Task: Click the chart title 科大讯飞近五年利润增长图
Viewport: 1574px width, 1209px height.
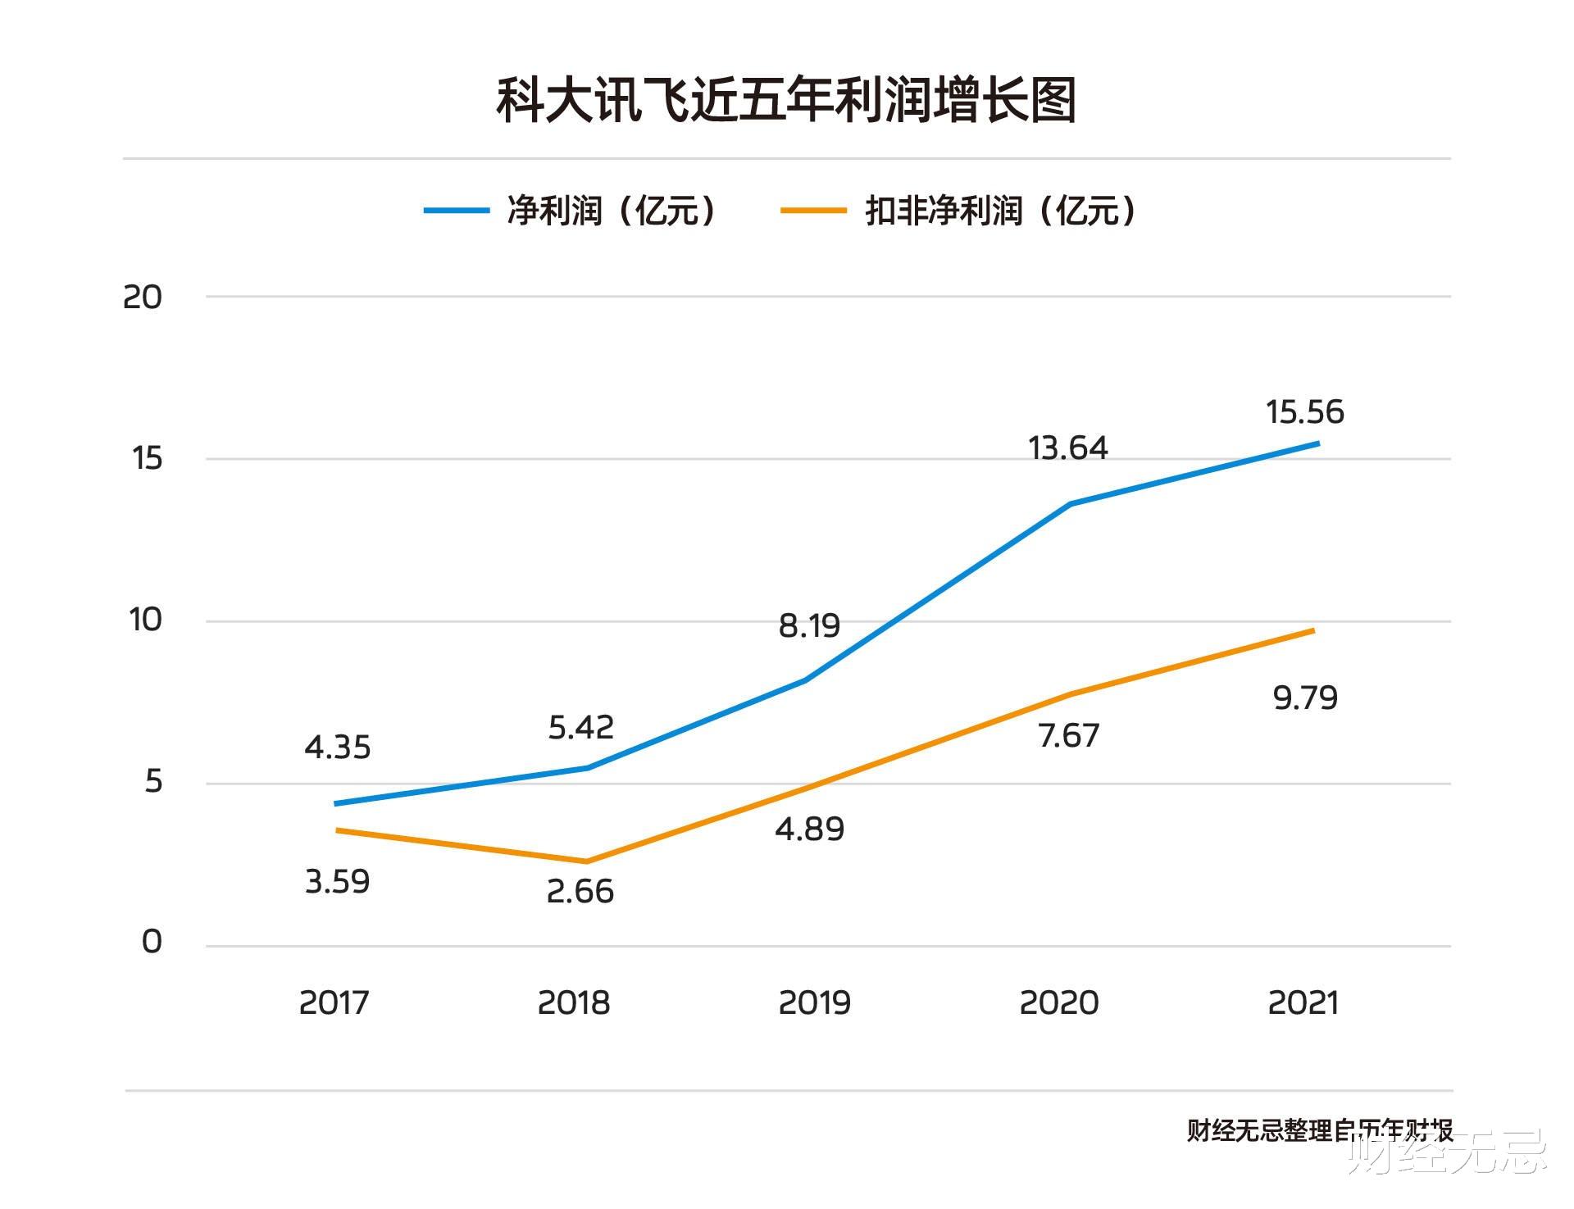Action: tap(786, 101)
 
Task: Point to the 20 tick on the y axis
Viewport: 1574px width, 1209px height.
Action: tap(143, 297)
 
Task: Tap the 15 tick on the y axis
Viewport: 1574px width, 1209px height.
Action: tap(148, 458)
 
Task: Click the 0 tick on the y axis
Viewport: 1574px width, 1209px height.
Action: tap(152, 942)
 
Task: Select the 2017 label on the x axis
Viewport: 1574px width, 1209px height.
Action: tap(334, 1002)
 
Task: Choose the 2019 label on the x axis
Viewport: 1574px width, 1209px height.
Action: tap(814, 1002)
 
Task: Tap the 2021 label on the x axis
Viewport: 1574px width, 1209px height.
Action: tap(1303, 1002)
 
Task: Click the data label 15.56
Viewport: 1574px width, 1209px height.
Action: tap(1304, 411)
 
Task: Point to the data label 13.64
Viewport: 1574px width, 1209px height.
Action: tap(1067, 448)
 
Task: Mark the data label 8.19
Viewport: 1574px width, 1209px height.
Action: tap(809, 626)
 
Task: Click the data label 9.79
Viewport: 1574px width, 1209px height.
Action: tap(1305, 698)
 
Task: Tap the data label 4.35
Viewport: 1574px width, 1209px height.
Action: tap(337, 748)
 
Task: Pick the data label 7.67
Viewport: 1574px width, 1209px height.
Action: tap(1068, 736)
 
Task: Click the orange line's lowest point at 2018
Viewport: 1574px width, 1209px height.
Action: tap(586, 861)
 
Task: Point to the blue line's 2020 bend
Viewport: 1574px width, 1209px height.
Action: tap(1071, 503)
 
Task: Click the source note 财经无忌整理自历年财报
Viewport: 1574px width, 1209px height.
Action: tap(1319, 1131)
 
